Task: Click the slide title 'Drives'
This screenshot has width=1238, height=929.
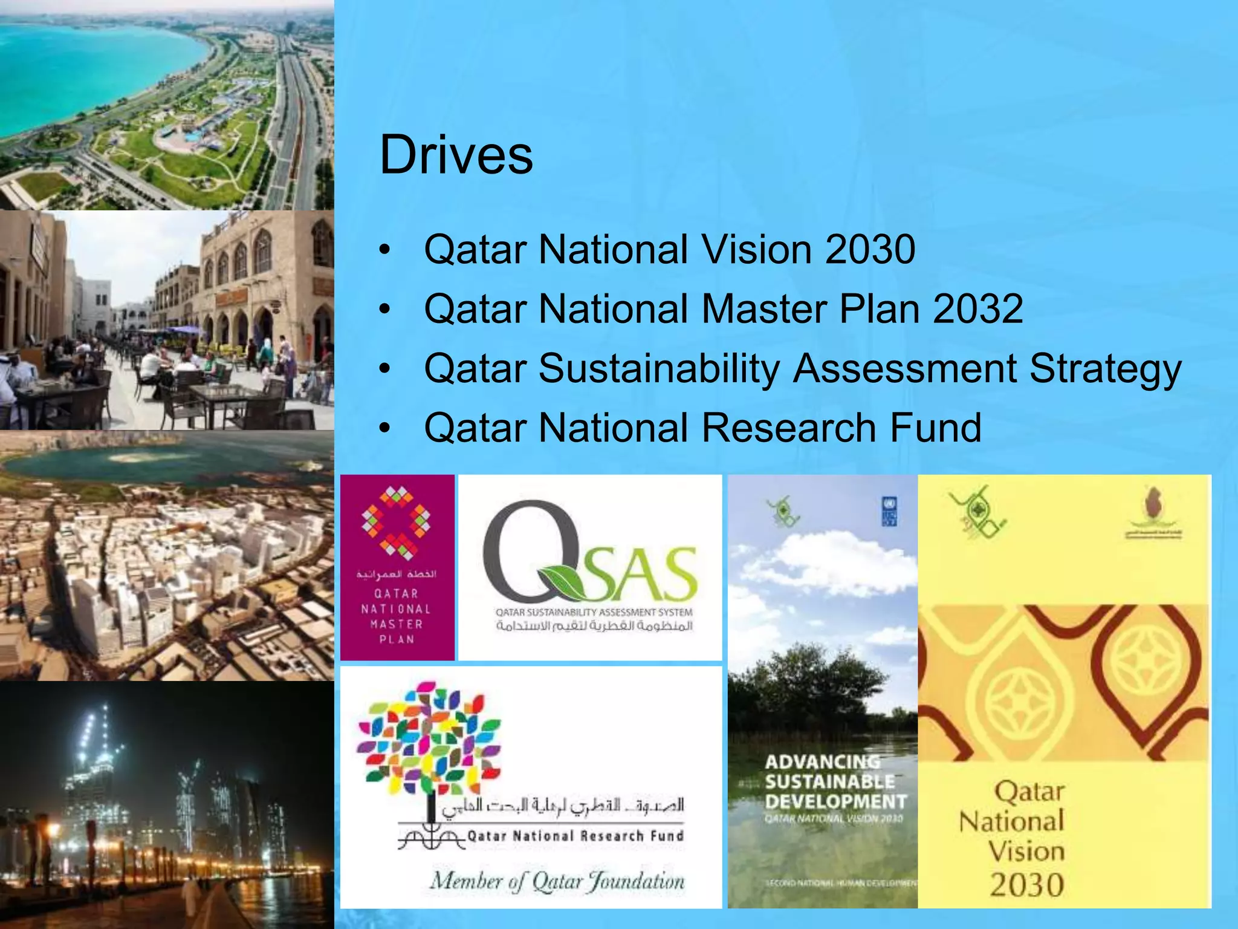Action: tap(456, 155)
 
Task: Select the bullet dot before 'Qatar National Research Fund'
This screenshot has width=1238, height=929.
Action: tap(386, 428)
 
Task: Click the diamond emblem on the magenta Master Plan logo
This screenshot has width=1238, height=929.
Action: tap(396, 522)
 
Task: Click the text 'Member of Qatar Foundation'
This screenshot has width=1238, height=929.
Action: tap(557, 881)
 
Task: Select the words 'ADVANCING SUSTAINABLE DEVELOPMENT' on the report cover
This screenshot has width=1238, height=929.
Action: tap(835, 781)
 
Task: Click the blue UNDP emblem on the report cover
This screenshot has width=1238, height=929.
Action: tap(889, 510)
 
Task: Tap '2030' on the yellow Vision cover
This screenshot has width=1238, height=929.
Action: tap(1026, 884)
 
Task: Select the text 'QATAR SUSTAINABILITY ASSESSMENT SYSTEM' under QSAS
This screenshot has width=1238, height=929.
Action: tap(594, 612)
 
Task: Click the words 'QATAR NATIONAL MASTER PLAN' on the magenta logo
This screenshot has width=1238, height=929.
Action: tap(396, 616)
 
